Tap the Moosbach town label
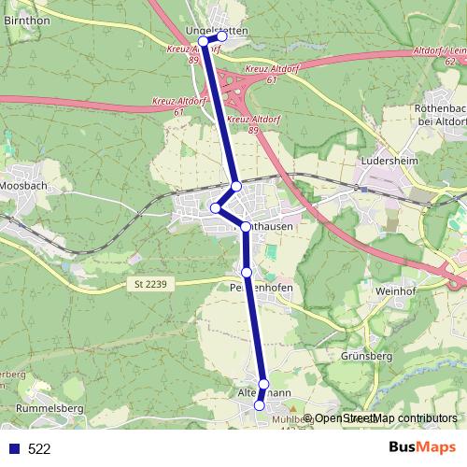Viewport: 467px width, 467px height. (24, 186)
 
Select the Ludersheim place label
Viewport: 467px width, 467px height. (387, 160)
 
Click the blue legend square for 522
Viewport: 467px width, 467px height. (13, 449)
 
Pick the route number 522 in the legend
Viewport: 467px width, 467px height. (39, 449)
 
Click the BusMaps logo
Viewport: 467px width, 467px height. (416, 448)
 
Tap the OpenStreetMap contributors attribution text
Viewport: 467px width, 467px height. (386, 418)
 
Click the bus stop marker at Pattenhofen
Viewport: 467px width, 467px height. (247, 272)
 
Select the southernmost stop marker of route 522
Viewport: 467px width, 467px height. (260, 406)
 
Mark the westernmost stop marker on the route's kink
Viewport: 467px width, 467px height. (215, 207)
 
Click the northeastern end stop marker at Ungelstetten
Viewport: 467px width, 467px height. (222, 35)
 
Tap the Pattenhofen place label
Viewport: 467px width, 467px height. (262, 289)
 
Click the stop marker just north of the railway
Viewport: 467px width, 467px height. (236, 187)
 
